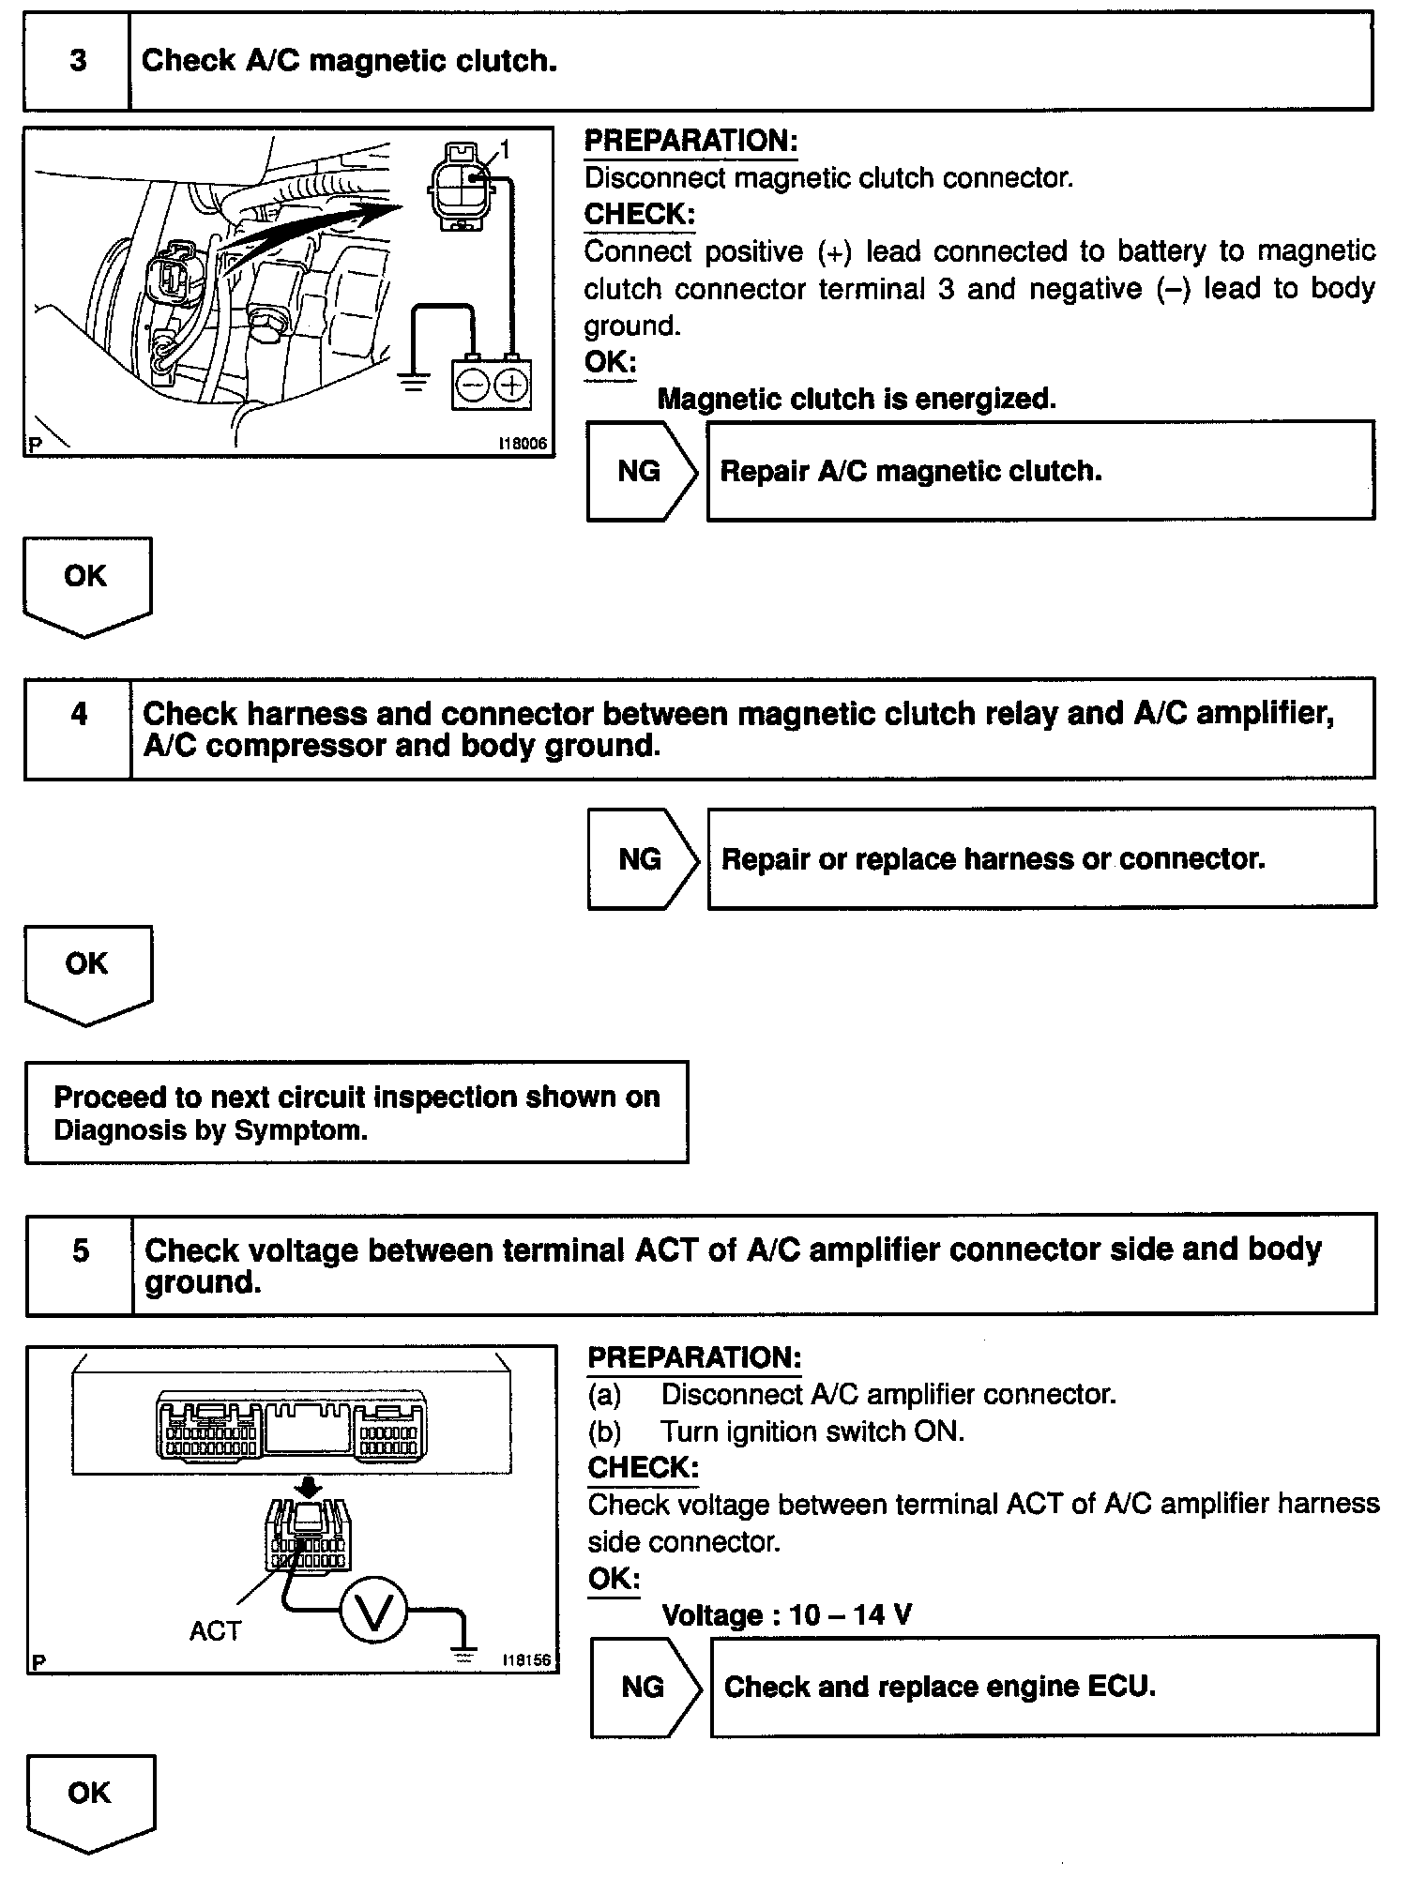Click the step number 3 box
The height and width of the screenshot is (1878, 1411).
pos(78,61)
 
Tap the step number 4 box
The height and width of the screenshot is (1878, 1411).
pos(79,729)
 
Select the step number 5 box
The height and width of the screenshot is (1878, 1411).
pos(81,1263)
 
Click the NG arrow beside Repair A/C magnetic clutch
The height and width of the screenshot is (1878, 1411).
pos(642,471)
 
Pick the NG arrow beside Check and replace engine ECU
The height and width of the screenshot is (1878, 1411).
pos(645,1687)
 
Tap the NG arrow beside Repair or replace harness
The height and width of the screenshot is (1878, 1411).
pos(642,859)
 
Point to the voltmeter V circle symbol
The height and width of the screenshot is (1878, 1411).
pos(373,1613)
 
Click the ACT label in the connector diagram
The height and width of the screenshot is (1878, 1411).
pos(215,1631)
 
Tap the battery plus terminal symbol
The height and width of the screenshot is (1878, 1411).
pos(510,385)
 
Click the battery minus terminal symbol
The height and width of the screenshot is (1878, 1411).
pos(472,385)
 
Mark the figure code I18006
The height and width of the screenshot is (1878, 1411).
pos(523,444)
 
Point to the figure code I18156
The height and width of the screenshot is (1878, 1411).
pos(526,1659)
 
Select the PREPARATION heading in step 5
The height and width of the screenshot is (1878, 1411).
pos(694,1357)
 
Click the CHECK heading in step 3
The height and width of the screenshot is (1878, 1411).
pos(639,215)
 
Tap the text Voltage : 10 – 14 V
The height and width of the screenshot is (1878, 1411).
pos(786,1614)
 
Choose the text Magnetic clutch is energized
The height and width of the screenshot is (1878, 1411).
pos(856,399)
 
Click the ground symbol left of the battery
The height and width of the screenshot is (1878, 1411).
pos(412,381)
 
